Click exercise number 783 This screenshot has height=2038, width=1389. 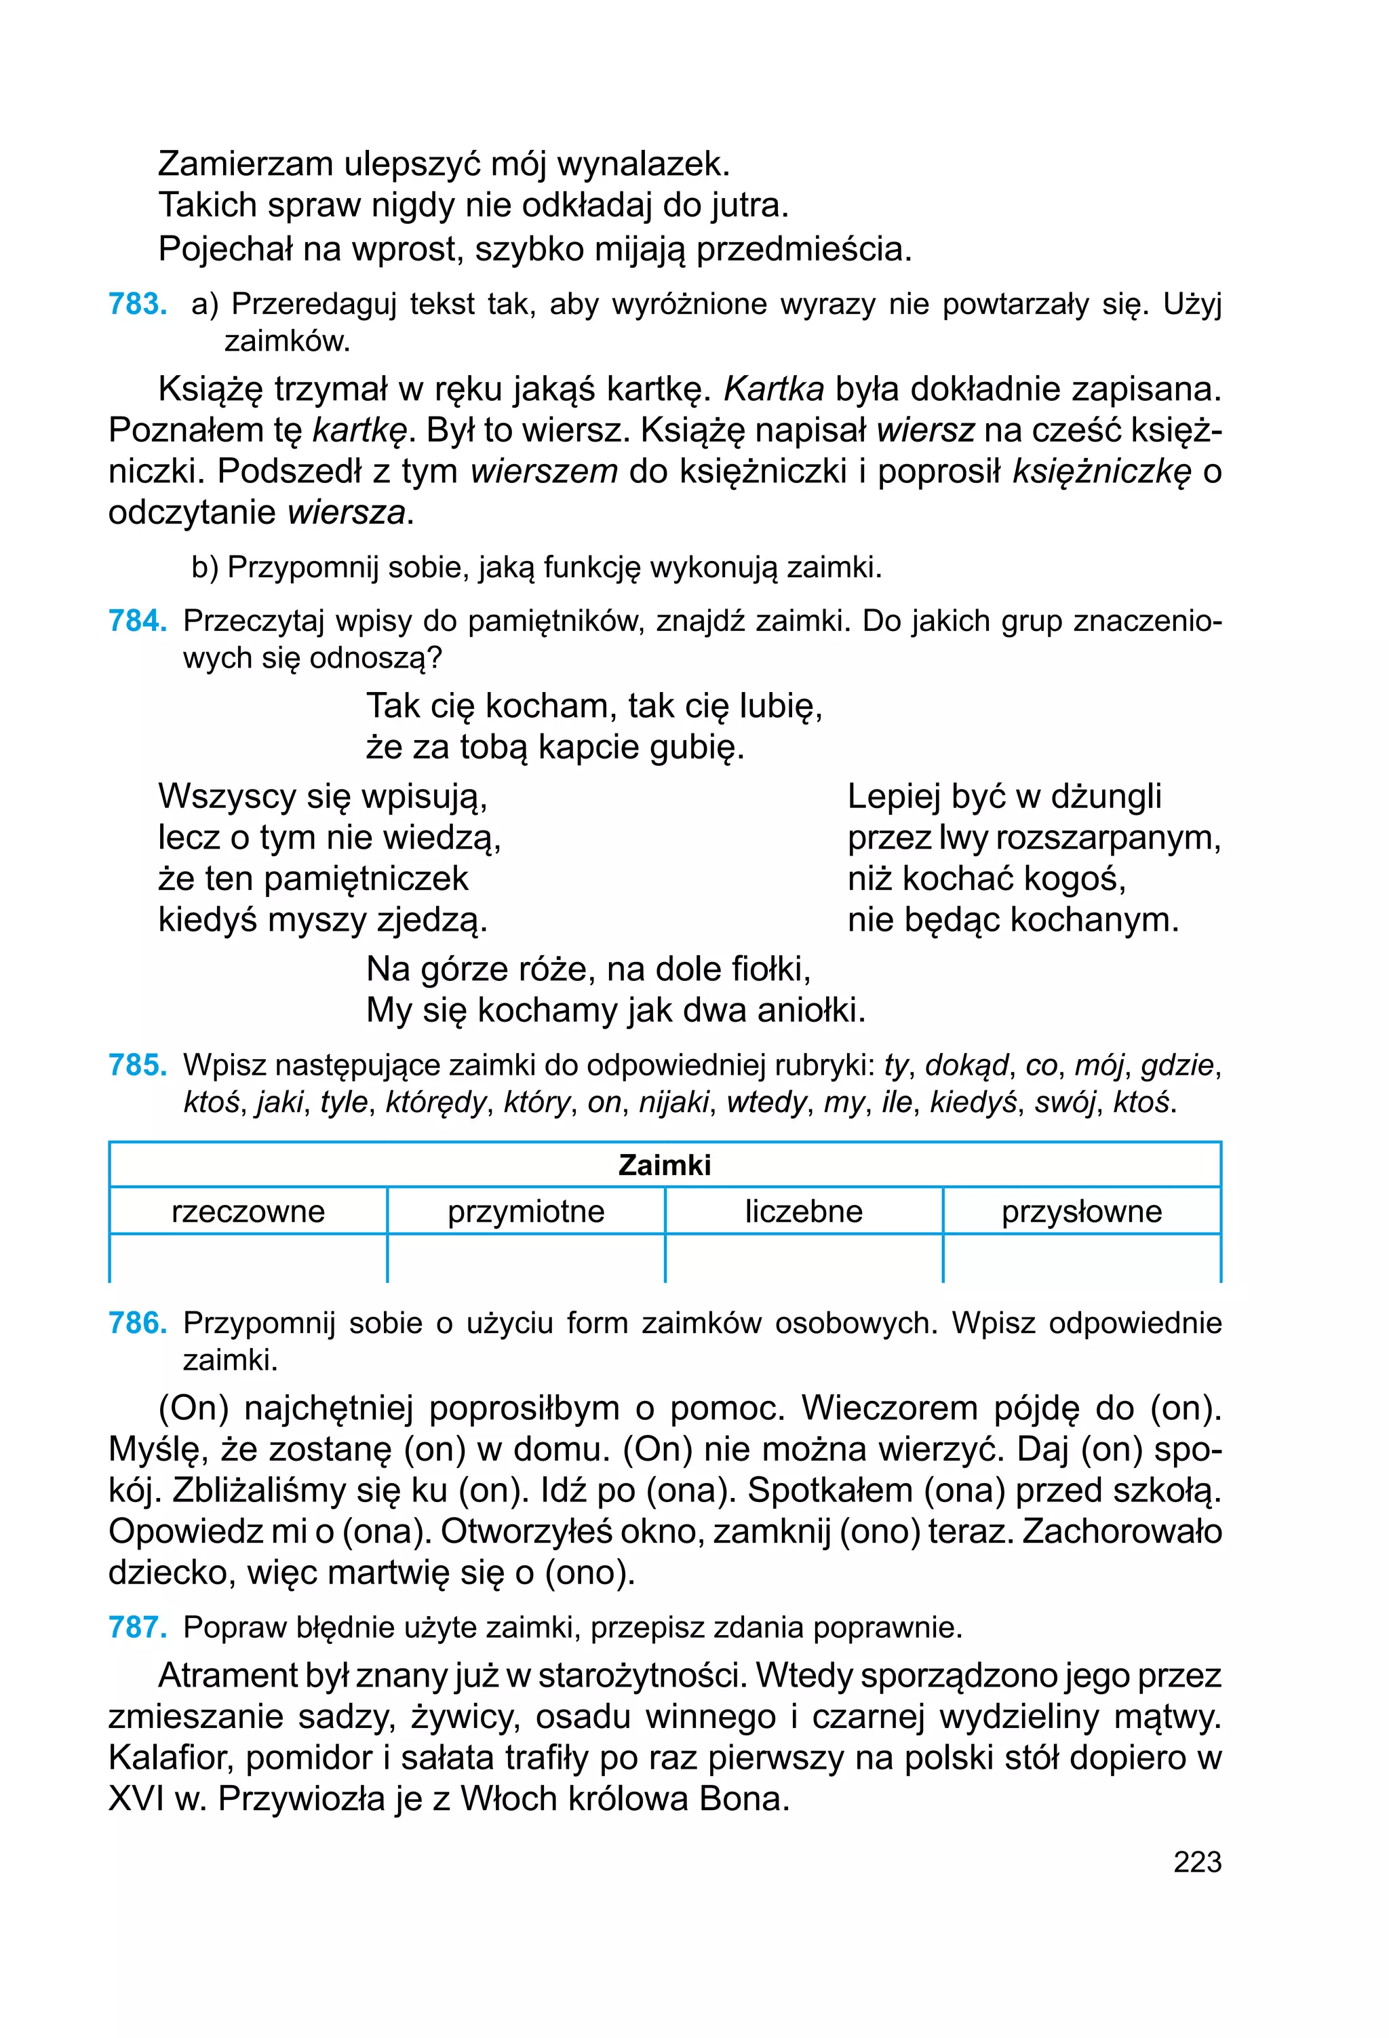(x=137, y=305)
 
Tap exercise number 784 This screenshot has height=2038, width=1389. (x=137, y=621)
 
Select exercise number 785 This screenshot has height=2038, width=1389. (x=137, y=1066)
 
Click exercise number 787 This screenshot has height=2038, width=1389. (x=137, y=1628)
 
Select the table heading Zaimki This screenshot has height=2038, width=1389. (x=665, y=1166)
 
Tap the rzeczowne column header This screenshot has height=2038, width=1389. (x=248, y=1212)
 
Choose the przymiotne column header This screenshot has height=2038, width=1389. (x=526, y=1212)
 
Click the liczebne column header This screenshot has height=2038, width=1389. (x=803, y=1212)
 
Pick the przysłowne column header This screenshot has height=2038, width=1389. (x=1081, y=1212)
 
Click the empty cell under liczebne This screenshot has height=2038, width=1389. (x=803, y=1258)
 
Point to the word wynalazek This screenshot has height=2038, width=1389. (x=643, y=164)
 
